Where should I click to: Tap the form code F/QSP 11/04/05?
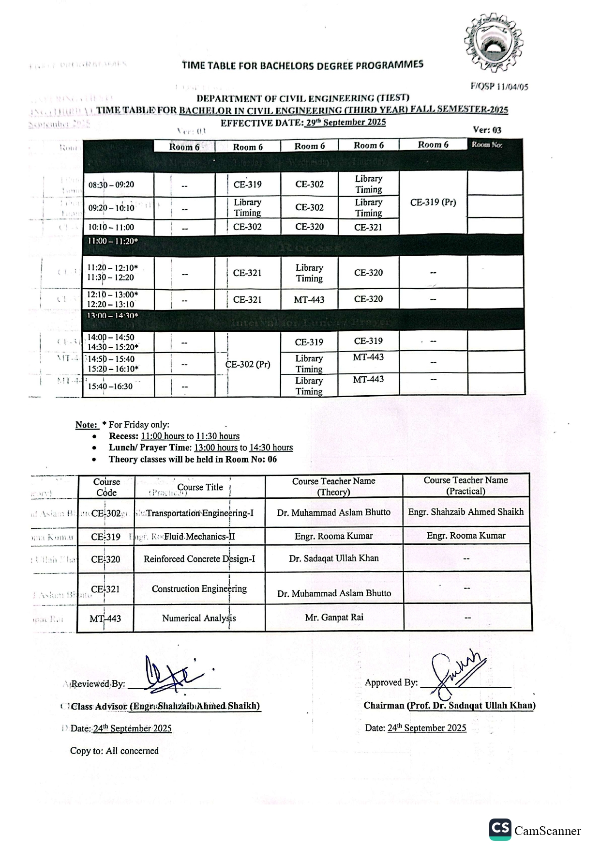pyautogui.click(x=499, y=87)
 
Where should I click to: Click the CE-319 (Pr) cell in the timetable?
pyautogui.click(x=433, y=202)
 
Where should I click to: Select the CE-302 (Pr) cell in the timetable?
pyautogui.click(x=248, y=364)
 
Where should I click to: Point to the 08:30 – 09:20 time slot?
pyautogui.click(x=111, y=185)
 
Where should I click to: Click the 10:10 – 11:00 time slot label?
pyautogui.click(x=111, y=227)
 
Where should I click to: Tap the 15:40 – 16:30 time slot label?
pyautogui.click(x=110, y=386)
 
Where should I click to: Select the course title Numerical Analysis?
pyautogui.click(x=199, y=618)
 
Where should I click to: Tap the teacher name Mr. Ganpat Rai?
pyautogui.click(x=334, y=618)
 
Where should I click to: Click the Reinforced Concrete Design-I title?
pyautogui.click(x=199, y=559)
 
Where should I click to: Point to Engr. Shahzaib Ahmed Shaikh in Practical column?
pyautogui.click(x=466, y=512)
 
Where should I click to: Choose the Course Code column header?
pyautogui.click(x=106, y=487)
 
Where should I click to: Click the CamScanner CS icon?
pyautogui.click(x=500, y=830)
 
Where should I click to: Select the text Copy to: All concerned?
pyautogui.click(x=114, y=751)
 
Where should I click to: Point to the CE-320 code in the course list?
pyautogui.click(x=105, y=559)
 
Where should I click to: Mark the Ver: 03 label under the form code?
pyautogui.click(x=487, y=130)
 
